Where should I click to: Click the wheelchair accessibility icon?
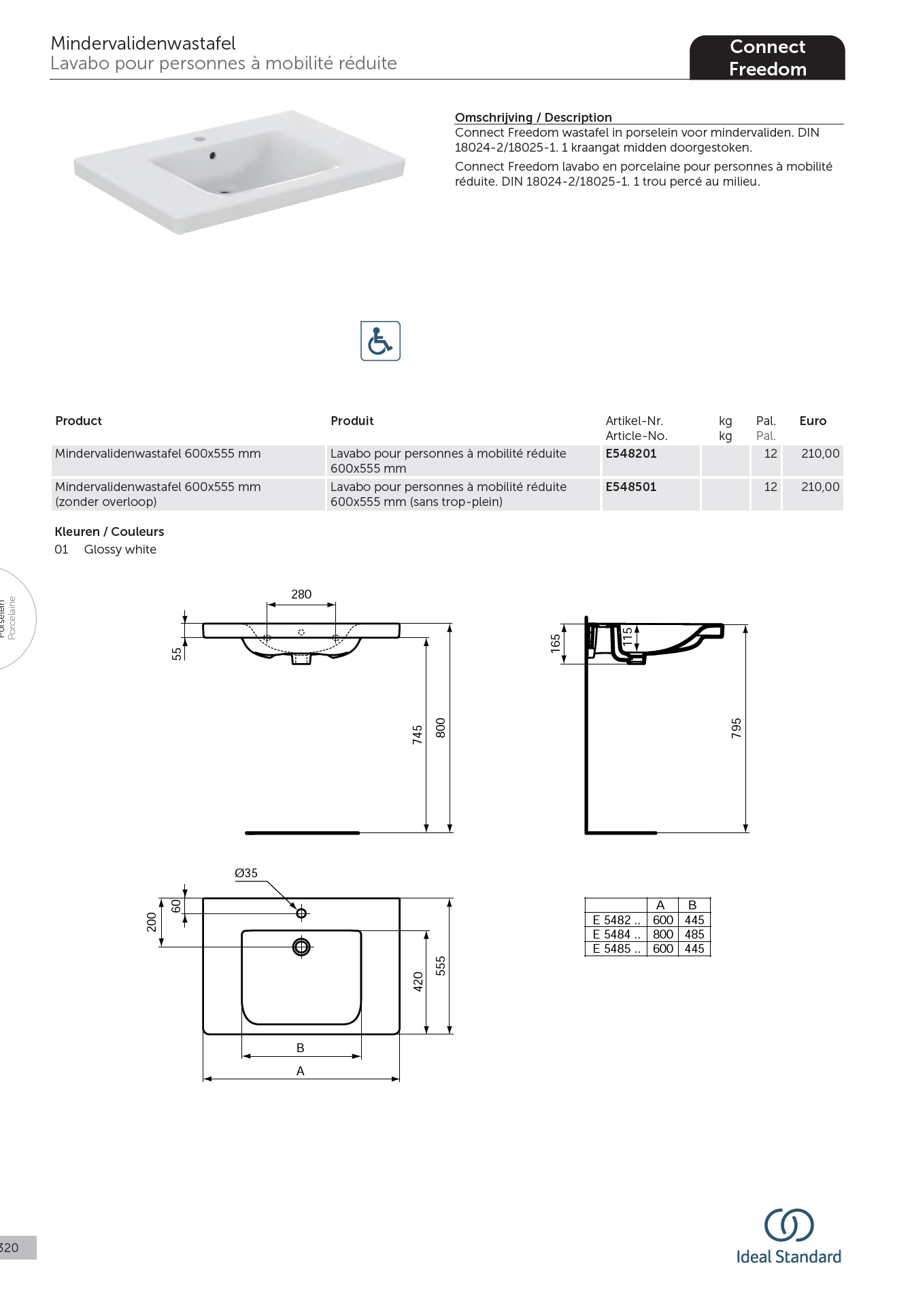(x=380, y=341)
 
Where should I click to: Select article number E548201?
(x=630, y=454)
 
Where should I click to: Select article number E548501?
(x=630, y=487)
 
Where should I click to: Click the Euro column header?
(x=812, y=421)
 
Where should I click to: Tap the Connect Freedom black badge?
(x=767, y=58)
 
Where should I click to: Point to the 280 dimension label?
(x=301, y=594)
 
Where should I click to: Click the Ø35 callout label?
(x=246, y=873)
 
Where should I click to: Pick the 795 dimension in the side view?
(x=736, y=728)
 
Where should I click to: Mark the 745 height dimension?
(x=418, y=735)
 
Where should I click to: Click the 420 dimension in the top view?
(x=418, y=981)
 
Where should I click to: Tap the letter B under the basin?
(x=301, y=1048)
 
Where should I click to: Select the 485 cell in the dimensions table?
(x=694, y=934)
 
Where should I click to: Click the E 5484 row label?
(x=616, y=934)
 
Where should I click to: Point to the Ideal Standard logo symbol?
(x=789, y=1225)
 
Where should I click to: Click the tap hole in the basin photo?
(x=200, y=139)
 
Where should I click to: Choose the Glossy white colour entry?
(x=120, y=550)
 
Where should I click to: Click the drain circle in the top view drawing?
(x=301, y=947)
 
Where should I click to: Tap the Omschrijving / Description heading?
(x=533, y=117)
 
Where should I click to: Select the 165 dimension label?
(x=556, y=643)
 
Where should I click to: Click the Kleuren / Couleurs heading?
(x=109, y=532)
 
